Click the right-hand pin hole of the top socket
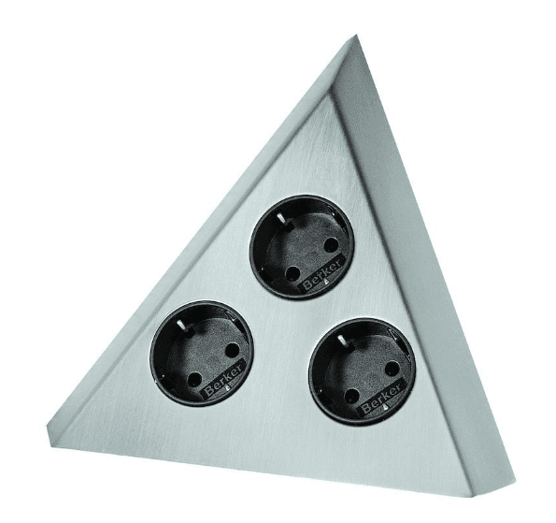coord(332,244)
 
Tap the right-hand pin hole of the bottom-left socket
coord(232,351)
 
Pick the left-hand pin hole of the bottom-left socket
coord(193,380)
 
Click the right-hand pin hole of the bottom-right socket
coord(392,369)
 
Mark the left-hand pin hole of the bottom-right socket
coord(351,396)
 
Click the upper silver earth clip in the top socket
coord(281,218)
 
